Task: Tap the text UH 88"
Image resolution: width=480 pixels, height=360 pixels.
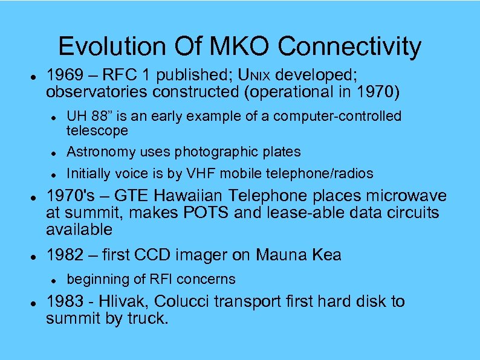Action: pos(87,115)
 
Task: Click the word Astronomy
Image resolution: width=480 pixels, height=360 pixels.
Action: pos(99,152)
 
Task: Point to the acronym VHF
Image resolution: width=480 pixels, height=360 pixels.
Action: pos(194,174)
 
